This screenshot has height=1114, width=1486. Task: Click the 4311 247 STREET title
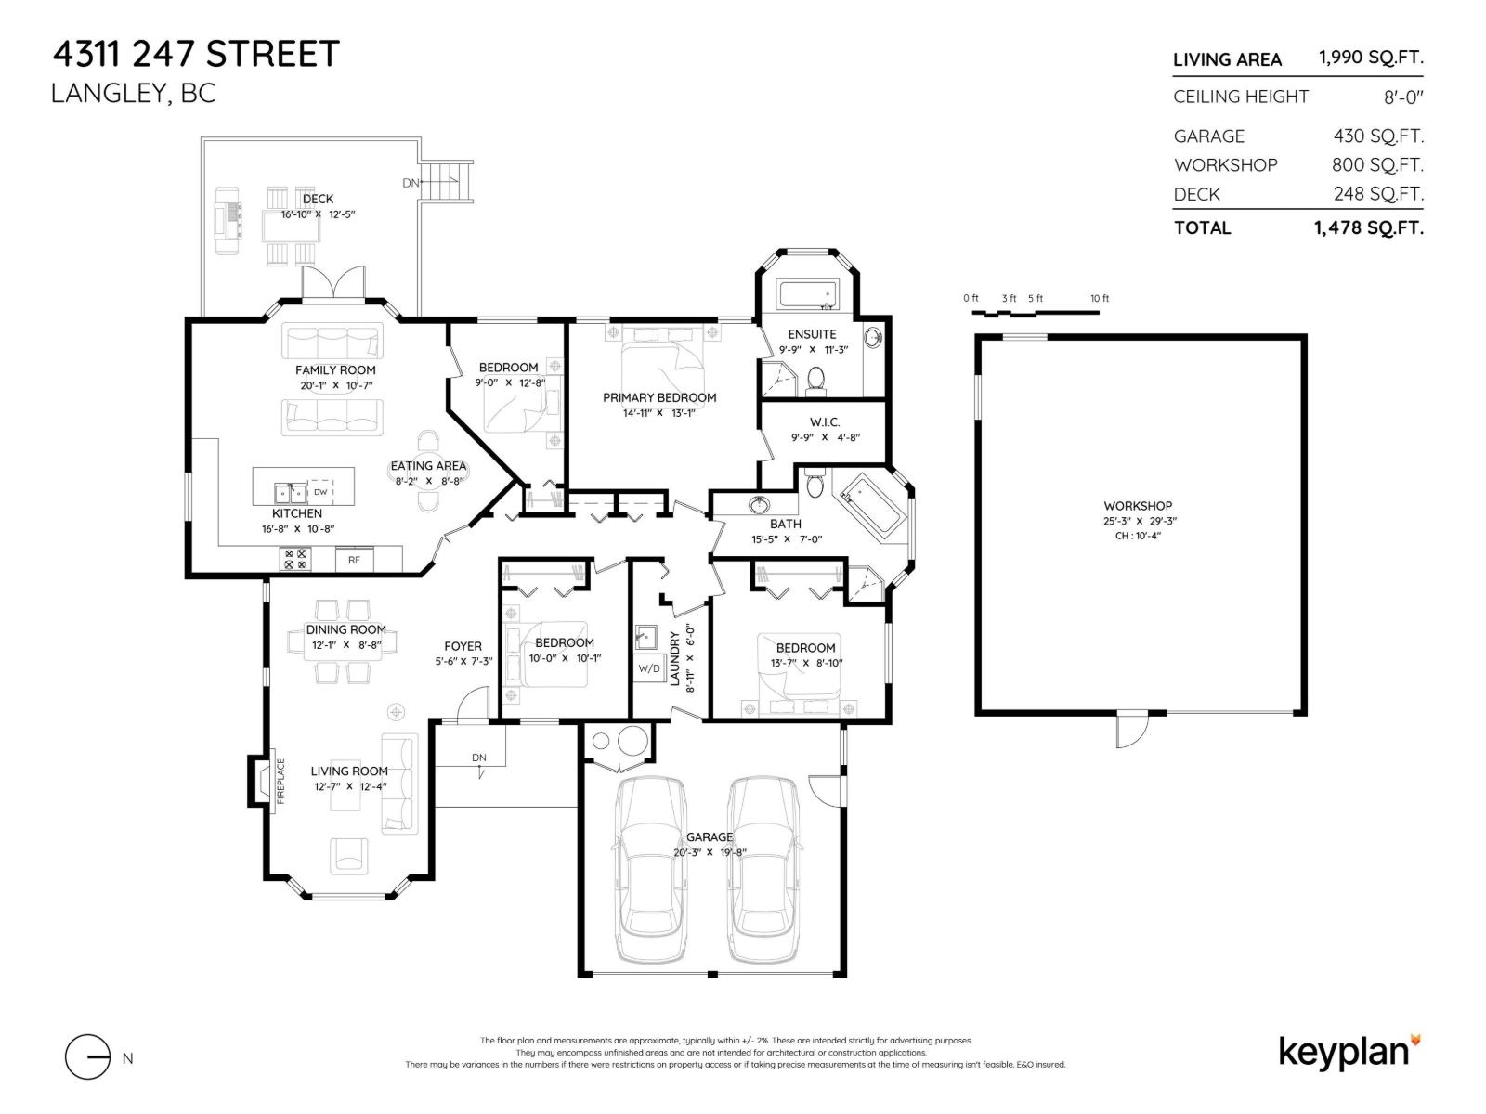[x=196, y=54]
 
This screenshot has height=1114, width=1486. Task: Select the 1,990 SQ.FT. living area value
[x=1370, y=58]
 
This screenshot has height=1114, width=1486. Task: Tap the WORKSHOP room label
[x=1138, y=506]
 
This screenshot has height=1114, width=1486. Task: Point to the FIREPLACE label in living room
[x=281, y=781]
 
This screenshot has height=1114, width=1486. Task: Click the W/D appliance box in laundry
[x=648, y=668]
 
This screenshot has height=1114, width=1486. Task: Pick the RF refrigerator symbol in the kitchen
[x=354, y=560]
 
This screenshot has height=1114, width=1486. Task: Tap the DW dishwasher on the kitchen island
[x=320, y=492]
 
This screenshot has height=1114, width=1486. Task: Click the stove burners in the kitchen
[x=295, y=559]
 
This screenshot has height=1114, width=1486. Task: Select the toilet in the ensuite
[x=816, y=379]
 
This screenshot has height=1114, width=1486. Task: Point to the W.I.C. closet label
[x=825, y=422]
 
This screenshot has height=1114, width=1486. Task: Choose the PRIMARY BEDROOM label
[x=659, y=397]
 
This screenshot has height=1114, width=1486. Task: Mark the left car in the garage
[x=651, y=868]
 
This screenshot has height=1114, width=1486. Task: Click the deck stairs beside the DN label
[x=449, y=180]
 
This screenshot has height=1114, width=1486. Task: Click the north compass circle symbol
[x=88, y=1057]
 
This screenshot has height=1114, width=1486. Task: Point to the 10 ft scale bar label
[x=1100, y=299]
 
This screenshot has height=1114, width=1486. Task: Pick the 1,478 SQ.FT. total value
[x=1368, y=228]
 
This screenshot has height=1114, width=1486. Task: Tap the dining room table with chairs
[x=345, y=642]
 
